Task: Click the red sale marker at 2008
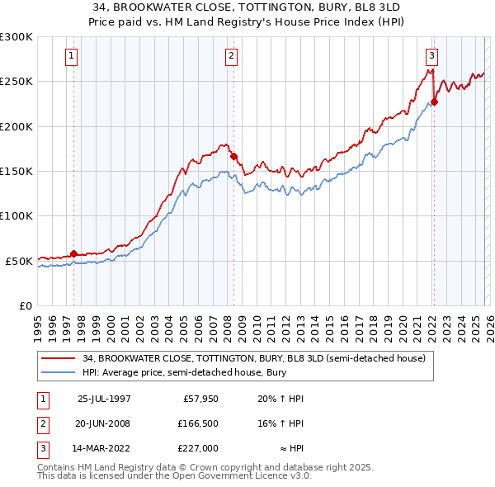233,156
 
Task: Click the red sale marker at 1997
74,253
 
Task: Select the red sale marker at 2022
434,102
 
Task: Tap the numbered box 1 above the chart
71,56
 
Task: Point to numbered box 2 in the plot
231,56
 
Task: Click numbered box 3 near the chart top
431,56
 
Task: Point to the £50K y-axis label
19,260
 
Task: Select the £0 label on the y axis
25,305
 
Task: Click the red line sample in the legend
59,358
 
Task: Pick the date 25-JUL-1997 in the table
104,399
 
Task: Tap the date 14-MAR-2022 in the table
104,448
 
